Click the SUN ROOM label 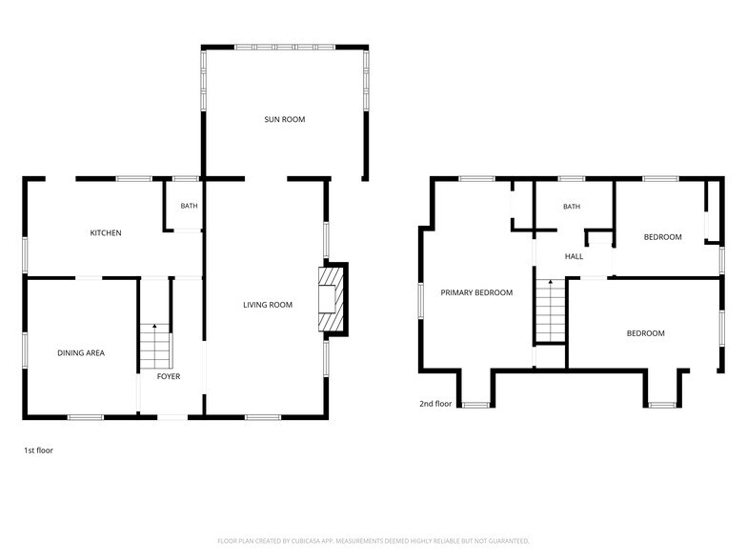(284, 119)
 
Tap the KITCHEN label (106, 232)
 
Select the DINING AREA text (81, 352)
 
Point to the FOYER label (169, 376)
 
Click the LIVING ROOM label (268, 305)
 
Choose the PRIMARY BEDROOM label (476, 292)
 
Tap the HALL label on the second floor (574, 256)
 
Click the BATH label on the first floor (189, 206)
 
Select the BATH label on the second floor (572, 206)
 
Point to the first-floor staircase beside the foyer (154, 347)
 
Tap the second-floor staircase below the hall (551, 310)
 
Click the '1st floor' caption (38, 450)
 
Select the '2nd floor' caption (435, 404)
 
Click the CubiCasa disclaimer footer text (373, 541)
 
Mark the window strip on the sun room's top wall (285, 48)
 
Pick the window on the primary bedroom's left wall (421, 301)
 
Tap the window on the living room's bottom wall (263, 417)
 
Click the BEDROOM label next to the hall (663, 236)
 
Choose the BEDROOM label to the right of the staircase (646, 333)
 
